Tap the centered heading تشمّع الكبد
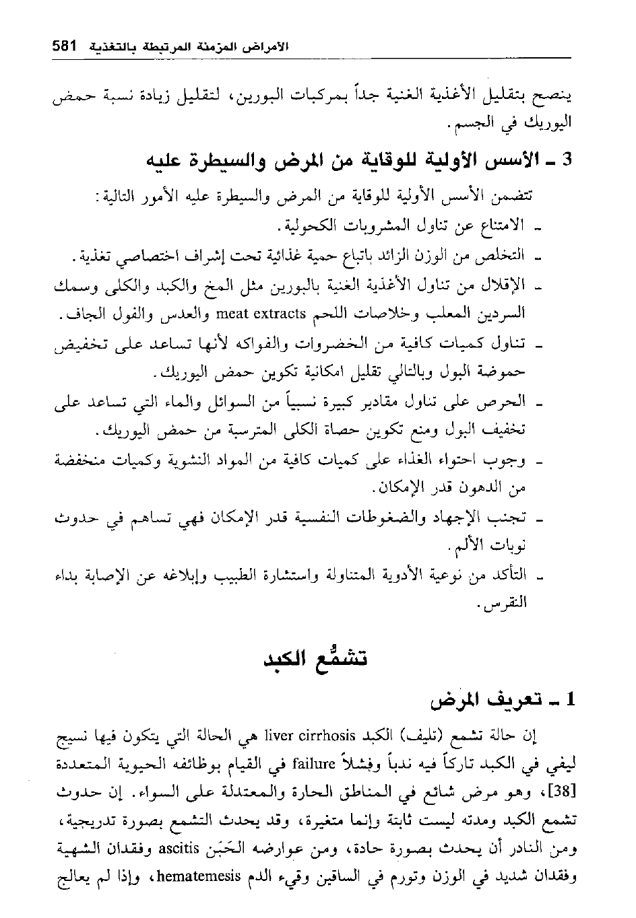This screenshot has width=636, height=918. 317,657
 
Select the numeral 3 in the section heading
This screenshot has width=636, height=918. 567,162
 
